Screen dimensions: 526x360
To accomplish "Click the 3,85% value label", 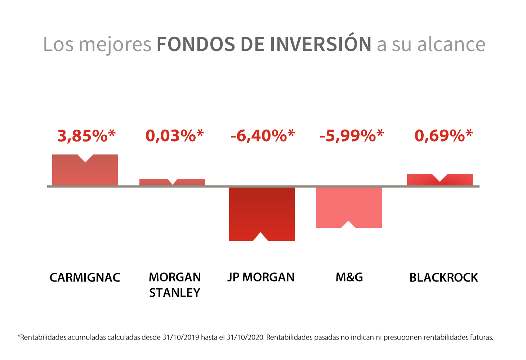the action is (86, 136).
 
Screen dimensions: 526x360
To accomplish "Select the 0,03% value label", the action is (174, 136).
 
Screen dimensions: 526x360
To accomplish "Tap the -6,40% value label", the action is (263, 136).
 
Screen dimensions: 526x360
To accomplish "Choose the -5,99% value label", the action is (352, 136).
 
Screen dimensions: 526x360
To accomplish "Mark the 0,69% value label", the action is (443, 136).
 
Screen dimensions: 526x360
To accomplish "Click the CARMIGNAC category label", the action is (85, 278).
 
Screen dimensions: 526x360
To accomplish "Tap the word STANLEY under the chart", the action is (175, 293).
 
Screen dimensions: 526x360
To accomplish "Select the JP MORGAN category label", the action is (261, 278).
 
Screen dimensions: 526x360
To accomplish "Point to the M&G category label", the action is (349, 278).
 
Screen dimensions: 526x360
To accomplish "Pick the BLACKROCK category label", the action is (443, 278).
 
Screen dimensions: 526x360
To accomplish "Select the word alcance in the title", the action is (451, 44).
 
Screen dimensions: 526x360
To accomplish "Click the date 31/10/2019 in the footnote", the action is (180, 337).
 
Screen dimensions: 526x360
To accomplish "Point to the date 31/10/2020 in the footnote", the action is (245, 337).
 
